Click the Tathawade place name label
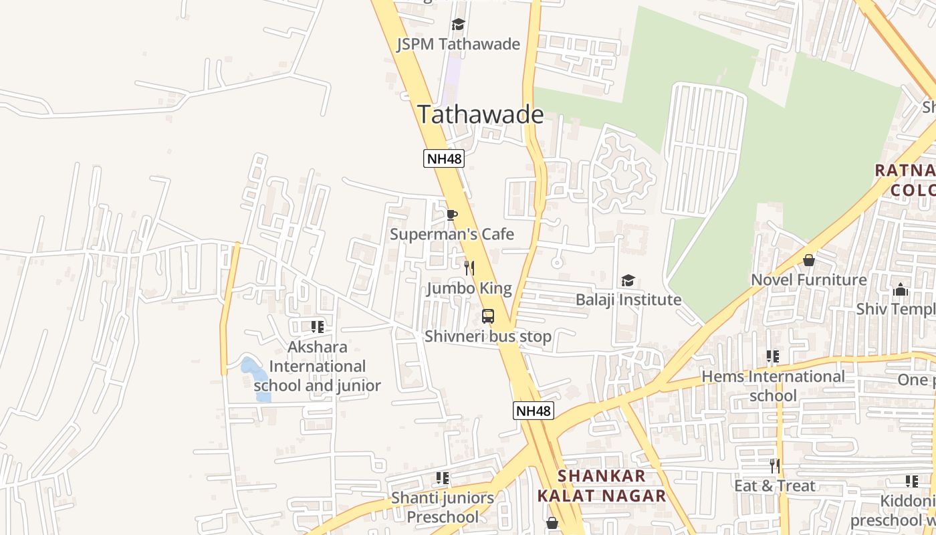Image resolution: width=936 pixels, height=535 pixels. (480, 114)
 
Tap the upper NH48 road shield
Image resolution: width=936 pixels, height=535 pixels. (443, 158)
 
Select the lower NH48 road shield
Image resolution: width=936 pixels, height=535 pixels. (534, 411)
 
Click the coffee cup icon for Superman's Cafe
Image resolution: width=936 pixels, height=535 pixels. (452, 215)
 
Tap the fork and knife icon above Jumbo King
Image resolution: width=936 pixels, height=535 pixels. (469, 268)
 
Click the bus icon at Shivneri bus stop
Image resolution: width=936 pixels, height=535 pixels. (488, 316)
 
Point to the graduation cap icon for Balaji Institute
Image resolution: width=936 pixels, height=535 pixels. (628, 280)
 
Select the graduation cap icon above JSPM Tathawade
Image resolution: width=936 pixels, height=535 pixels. (458, 25)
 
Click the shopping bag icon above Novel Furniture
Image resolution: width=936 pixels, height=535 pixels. (809, 259)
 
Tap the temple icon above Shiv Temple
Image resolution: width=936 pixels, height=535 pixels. (901, 290)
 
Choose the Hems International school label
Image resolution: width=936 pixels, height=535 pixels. (773, 386)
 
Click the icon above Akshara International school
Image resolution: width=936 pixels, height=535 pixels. (318, 327)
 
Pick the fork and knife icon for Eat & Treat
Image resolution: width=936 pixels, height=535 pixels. (774, 465)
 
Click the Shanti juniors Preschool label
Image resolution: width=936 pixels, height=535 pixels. (443, 507)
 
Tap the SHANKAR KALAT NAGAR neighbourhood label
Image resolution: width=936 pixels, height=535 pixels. (602, 486)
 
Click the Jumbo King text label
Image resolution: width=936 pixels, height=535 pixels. (469, 288)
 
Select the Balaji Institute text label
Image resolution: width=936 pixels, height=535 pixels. (628, 300)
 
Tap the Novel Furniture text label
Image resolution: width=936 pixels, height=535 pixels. (809, 280)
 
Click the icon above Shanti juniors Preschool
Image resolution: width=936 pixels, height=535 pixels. (443, 478)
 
